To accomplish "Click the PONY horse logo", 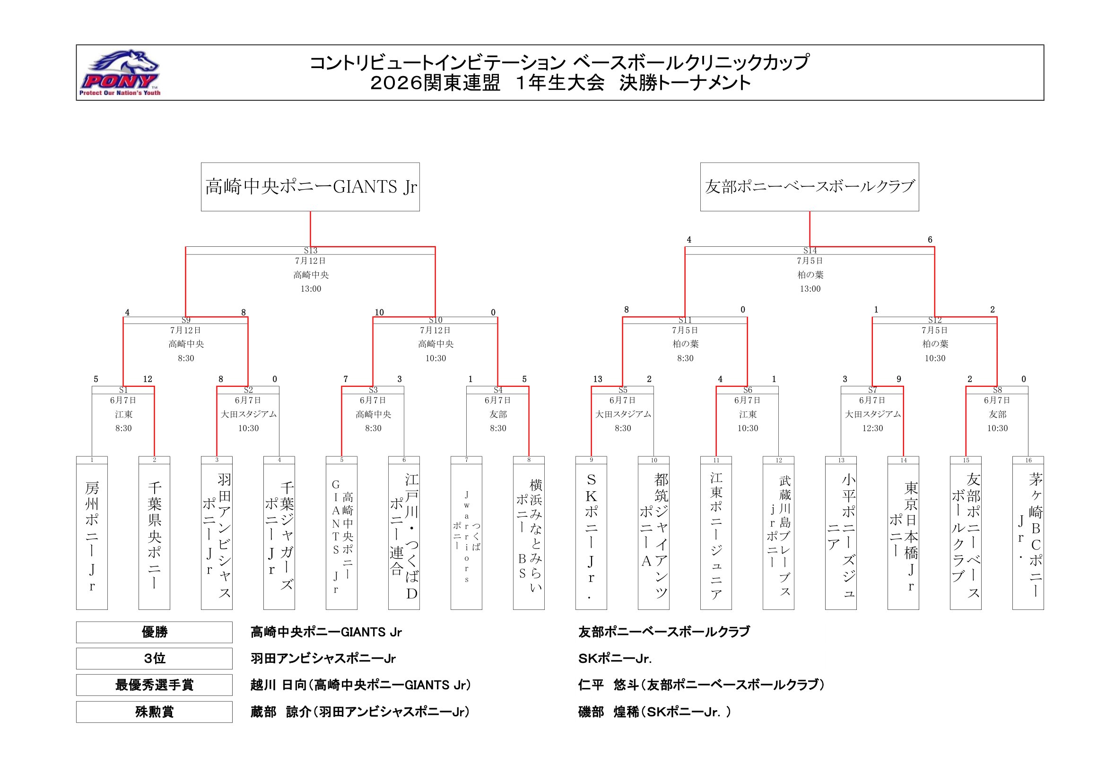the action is (120, 73).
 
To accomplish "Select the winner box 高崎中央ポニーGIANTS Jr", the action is (310, 187).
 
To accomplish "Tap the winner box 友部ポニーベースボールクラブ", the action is (809, 187).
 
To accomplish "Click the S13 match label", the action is (311, 251).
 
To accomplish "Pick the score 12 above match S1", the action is (148, 380).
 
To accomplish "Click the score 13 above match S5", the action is (598, 380).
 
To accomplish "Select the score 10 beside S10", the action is (379, 313).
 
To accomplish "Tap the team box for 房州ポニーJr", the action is (92, 533).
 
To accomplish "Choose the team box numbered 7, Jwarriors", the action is (466, 533).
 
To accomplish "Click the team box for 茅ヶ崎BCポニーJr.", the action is (1028, 533).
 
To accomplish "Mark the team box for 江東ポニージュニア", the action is (716, 533).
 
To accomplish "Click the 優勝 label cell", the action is (154, 632).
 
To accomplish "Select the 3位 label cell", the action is (154, 659).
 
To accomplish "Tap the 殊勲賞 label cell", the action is (154, 712).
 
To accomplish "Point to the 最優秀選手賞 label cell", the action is (154, 685).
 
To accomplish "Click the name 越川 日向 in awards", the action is (279, 685).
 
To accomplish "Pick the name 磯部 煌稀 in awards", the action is (607, 712).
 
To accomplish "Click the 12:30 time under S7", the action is (872, 428).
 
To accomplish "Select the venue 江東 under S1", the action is (123, 414).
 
